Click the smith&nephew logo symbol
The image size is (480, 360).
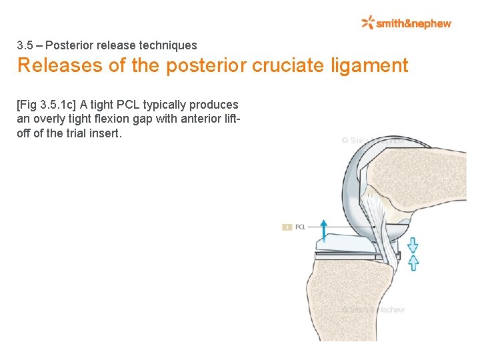click(x=368, y=23)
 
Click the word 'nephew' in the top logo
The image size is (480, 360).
click(x=433, y=24)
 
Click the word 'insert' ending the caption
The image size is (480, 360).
click(x=103, y=133)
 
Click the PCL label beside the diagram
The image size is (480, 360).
click(x=300, y=227)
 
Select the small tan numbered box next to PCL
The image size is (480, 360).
click(x=287, y=227)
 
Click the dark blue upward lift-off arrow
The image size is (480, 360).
click(x=324, y=230)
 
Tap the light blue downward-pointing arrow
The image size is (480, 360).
click(x=413, y=245)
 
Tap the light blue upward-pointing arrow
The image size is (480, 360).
click(x=413, y=262)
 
